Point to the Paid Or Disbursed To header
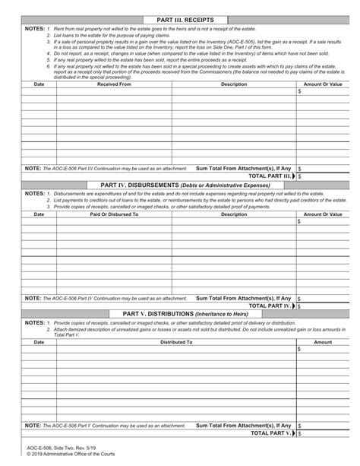click(114, 214)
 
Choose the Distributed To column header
click(175, 342)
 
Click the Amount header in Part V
click(323, 342)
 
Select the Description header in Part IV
click(233, 214)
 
